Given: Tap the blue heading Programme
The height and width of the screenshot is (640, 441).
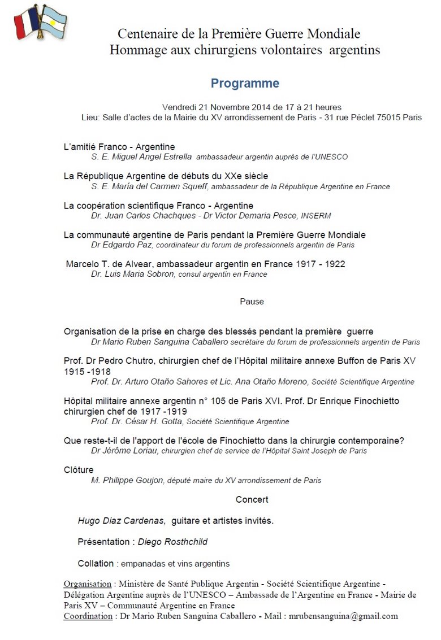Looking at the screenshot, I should [245, 84].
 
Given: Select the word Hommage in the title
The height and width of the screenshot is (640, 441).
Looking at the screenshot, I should [135, 50].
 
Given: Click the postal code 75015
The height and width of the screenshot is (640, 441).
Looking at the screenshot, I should [380, 117].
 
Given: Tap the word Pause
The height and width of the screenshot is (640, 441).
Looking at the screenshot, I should [252, 302].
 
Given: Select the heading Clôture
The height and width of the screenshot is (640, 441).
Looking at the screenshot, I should [79, 470].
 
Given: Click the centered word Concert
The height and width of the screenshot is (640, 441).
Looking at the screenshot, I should [252, 499].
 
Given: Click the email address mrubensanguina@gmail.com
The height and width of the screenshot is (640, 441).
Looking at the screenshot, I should [343, 616].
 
